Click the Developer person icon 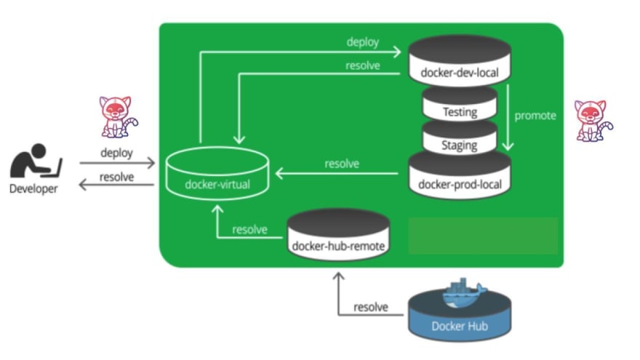click(x=36, y=161)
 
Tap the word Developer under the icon click(x=33, y=189)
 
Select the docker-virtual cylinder click(x=217, y=174)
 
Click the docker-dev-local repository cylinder click(x=460, y=60)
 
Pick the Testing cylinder click(x=460, y=104)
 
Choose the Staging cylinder click(x=460, y=137)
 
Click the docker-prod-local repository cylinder click(x=460, y=175)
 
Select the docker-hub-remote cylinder click(x=338, y=234)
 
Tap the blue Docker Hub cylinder click(x=460, y=315)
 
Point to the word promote click(x=535, y=116)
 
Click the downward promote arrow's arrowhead click(x=508, y=146)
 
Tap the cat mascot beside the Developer click(x=118, y=117)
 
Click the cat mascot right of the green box click(x=593, y=121)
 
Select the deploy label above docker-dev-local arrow click(x=362, y=42)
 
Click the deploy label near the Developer click(x=117, y=153)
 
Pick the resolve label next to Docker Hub click(x=371, y=307)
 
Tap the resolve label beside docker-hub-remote click(x=249, y=229)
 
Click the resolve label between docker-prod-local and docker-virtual click(x=342, y=164)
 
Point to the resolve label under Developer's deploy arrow click(x=117, y=177)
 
